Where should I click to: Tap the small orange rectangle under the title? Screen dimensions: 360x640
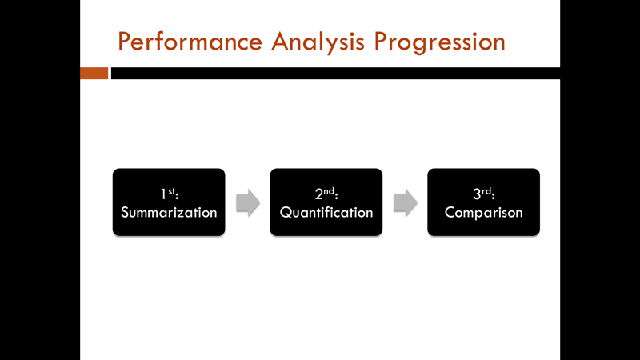point(94,74)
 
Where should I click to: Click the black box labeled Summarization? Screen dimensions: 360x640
point(169,202)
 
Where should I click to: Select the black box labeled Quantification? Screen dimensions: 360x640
point(326,202)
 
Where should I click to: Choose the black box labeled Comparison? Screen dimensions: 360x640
point(483,202)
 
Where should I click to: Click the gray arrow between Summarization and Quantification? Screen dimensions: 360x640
point(248,202)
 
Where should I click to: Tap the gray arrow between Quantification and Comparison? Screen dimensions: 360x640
point(405,202)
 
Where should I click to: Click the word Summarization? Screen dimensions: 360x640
point(169,213)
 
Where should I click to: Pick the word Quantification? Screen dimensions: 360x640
point(326,213)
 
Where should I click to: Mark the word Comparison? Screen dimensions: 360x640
point(483,213)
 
